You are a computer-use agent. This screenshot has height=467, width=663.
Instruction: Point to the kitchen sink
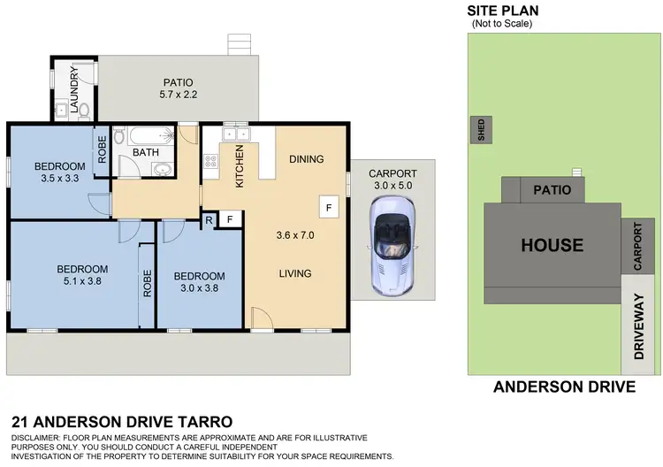(x=235, y=134)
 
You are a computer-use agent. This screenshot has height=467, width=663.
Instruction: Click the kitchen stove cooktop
(x=211, y=161)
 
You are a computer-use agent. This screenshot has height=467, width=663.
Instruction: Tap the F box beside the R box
(x=229, y=218)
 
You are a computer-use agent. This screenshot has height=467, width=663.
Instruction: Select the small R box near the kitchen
(x=209, y=218)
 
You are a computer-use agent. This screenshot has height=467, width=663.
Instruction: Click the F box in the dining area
(x=329, y=208)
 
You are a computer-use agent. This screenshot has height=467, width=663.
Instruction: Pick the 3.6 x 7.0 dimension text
(x=295, y=235)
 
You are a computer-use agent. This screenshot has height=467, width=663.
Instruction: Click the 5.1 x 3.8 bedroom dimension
(x=82, y=282)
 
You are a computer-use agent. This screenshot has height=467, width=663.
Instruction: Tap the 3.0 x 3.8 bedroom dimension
(x=199, y=287)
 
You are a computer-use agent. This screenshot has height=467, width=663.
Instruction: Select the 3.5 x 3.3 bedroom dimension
(x=59, y=179)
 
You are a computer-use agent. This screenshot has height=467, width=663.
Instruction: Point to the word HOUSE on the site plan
(x=551, y=245)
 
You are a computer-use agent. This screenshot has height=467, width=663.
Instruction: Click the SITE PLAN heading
(x=503, y=11)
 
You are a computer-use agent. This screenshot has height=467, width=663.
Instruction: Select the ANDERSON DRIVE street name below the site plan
(x=564, y=387)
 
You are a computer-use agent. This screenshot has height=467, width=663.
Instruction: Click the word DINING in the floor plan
(x=306, y=159)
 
